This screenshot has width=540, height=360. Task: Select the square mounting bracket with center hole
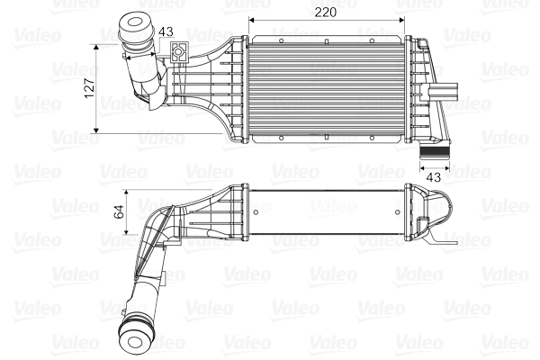click(180, 52)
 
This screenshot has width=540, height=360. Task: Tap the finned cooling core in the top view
click(327, 90)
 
